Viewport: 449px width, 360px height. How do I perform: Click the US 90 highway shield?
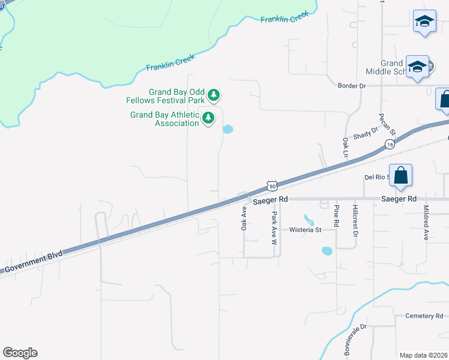coord(272,186)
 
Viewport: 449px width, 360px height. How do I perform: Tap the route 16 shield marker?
coord(390,145)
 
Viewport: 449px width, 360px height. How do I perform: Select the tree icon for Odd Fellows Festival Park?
coord(213,95)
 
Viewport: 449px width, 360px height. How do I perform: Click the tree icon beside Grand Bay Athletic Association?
coord(208,118)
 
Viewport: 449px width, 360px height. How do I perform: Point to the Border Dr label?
coord(352,86)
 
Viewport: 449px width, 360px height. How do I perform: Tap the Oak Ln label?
coord(346,148)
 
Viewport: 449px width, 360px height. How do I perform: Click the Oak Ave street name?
coord(244,219)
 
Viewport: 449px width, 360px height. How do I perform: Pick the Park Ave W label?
coord(274,229)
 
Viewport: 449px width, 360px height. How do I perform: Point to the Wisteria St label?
coord(306,230)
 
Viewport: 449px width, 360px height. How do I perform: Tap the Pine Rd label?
coord(336,217)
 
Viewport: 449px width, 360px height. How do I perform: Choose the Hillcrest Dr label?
coord(355,220)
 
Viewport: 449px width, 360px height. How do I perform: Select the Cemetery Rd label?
coord(423,316)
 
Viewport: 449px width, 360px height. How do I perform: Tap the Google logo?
coord(20,353)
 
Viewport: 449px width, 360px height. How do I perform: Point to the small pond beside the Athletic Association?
coord(228,129)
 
